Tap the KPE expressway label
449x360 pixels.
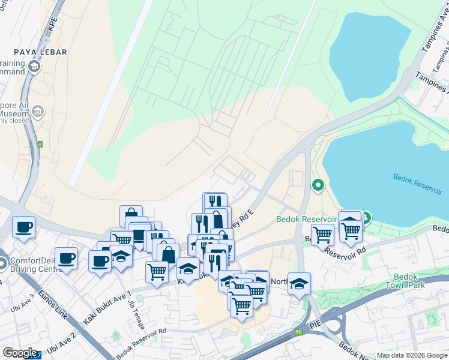52,24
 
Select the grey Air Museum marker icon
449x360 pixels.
38,111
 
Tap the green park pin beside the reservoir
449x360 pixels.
318,186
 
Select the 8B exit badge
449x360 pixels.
298,331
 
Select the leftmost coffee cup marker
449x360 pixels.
23,227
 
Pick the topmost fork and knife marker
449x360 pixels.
214,202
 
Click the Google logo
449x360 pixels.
20,353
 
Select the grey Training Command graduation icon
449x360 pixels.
33,66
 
